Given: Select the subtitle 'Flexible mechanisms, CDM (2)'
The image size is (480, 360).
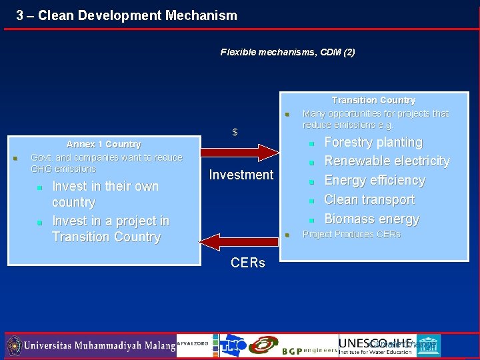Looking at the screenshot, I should pyautogui.click(x=287, y=52).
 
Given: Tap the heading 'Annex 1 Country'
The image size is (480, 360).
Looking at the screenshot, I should pyautogui.click(x=103, y=144).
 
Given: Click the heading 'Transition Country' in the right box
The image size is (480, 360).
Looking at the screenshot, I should pyautogui.click(x=373, y=100).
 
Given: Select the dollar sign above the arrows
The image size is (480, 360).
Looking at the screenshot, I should pyautogui.click(x=235, y=132).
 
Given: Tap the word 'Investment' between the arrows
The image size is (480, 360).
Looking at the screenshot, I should pyautogui.click(x=241, y=175).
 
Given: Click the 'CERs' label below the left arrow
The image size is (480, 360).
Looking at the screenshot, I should pyautogui.click(x=247, y=263).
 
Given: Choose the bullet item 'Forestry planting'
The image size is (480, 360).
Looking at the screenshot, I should pyautogui.click(x=373, y=142).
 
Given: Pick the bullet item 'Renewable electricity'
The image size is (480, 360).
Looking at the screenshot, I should pyautogui.click(x=387, y=161).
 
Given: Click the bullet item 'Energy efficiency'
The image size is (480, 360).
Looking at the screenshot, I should pyautogui.click(x=374, y=181).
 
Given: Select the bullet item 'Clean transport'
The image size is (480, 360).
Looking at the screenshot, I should pyautogui.click(x=369, y=200).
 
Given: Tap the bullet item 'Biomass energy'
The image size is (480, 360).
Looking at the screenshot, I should pyautogui.click(x=371, y=219).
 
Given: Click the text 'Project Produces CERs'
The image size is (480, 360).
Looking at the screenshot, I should pyautogui.click(x=351, y=234).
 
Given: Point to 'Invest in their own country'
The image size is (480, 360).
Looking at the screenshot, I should pyautogui.click(x=105, y=194).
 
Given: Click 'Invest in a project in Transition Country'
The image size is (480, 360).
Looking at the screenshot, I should pyautogui.click(x=110, y=229).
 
